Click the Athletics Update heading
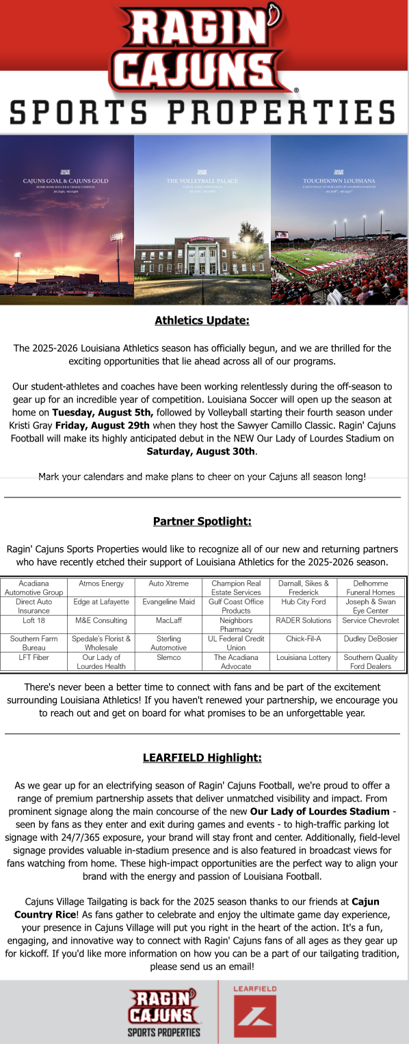(x=202, y=320)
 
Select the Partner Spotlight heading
(x=202, y=522)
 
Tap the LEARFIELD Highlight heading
(x=202, y=758)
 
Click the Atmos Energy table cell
(x=101, y=583)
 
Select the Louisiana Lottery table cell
(x=303, y=657)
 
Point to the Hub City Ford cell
(x=303, y=602)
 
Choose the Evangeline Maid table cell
(x=168, y=602)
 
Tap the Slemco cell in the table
(x=168, y=657)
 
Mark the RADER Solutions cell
(x=303, y=620)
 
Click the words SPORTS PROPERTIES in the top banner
(x=203, y=111)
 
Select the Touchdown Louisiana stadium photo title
(x=339, y=181)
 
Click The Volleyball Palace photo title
(x=202, y=181)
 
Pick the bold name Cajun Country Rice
(x=198, y=908)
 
